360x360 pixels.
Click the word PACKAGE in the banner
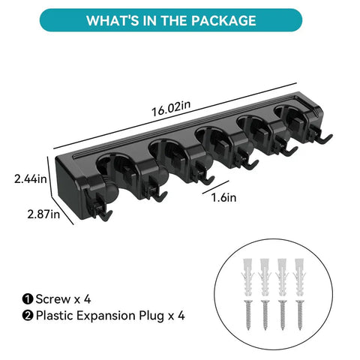tap(223, 20)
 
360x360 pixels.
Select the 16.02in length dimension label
tap(171, 108)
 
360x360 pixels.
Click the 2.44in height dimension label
tap(31, 179)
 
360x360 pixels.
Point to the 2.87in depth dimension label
tap(43, 214)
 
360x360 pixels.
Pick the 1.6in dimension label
tap(223, 197)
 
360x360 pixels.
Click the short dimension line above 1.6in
tap(216, 187)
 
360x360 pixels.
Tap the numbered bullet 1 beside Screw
tap(28, 299)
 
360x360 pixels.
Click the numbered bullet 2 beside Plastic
tap(28, 316)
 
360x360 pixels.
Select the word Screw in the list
tap(53, 299)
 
